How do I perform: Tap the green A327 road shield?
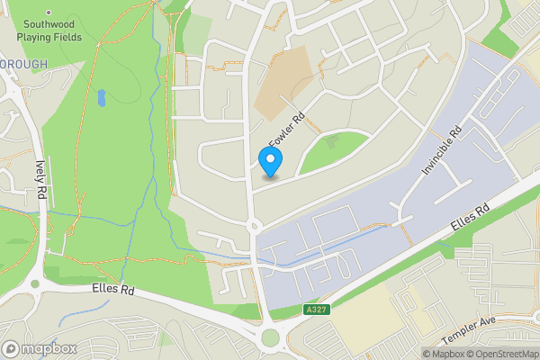(317, 310)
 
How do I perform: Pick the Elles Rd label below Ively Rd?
(113, 292)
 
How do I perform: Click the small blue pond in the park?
(102, 96)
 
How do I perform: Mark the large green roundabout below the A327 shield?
(271, 338)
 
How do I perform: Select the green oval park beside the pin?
(331, 150)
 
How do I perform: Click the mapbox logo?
(38, 348)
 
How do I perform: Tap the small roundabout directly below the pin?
(254, 225)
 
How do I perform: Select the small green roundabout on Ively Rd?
(34, 284)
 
